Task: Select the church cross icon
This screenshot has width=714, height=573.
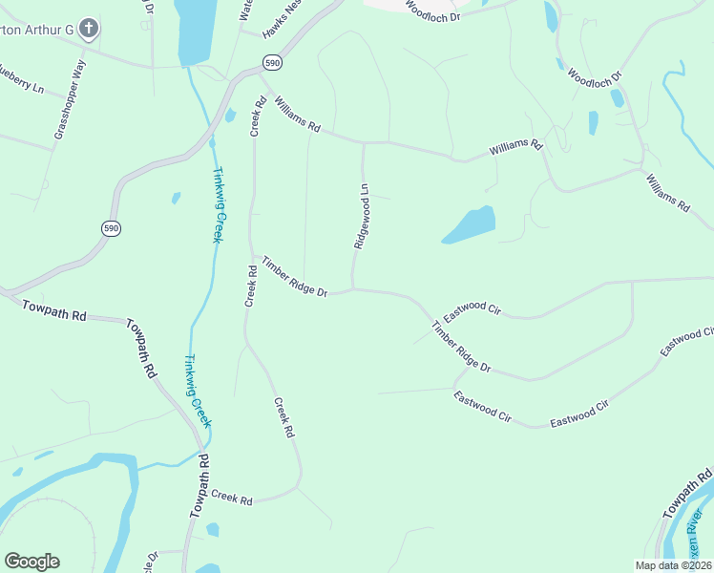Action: [x=89, y=29]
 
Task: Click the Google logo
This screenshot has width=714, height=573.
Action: [x=31, y=562]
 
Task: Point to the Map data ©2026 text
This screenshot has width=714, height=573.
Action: [x=673, y=565]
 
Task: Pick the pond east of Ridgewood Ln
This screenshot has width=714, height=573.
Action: [x=470, y=225]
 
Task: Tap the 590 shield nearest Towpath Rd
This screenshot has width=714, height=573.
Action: [x=111, y=227]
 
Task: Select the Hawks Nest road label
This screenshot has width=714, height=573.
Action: [x=282, y=20]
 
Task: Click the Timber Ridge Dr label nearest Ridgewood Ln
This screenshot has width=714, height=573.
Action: [x=295, y=276]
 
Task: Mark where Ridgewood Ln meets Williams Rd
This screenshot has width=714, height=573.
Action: [x=363, y=143]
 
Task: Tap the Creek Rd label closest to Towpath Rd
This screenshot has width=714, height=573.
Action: [x=232, y=498]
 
